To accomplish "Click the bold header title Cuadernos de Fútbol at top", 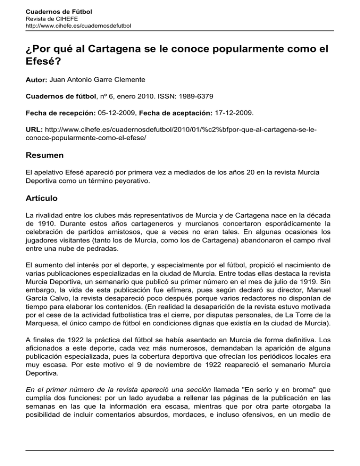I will [x=52, y=11].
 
